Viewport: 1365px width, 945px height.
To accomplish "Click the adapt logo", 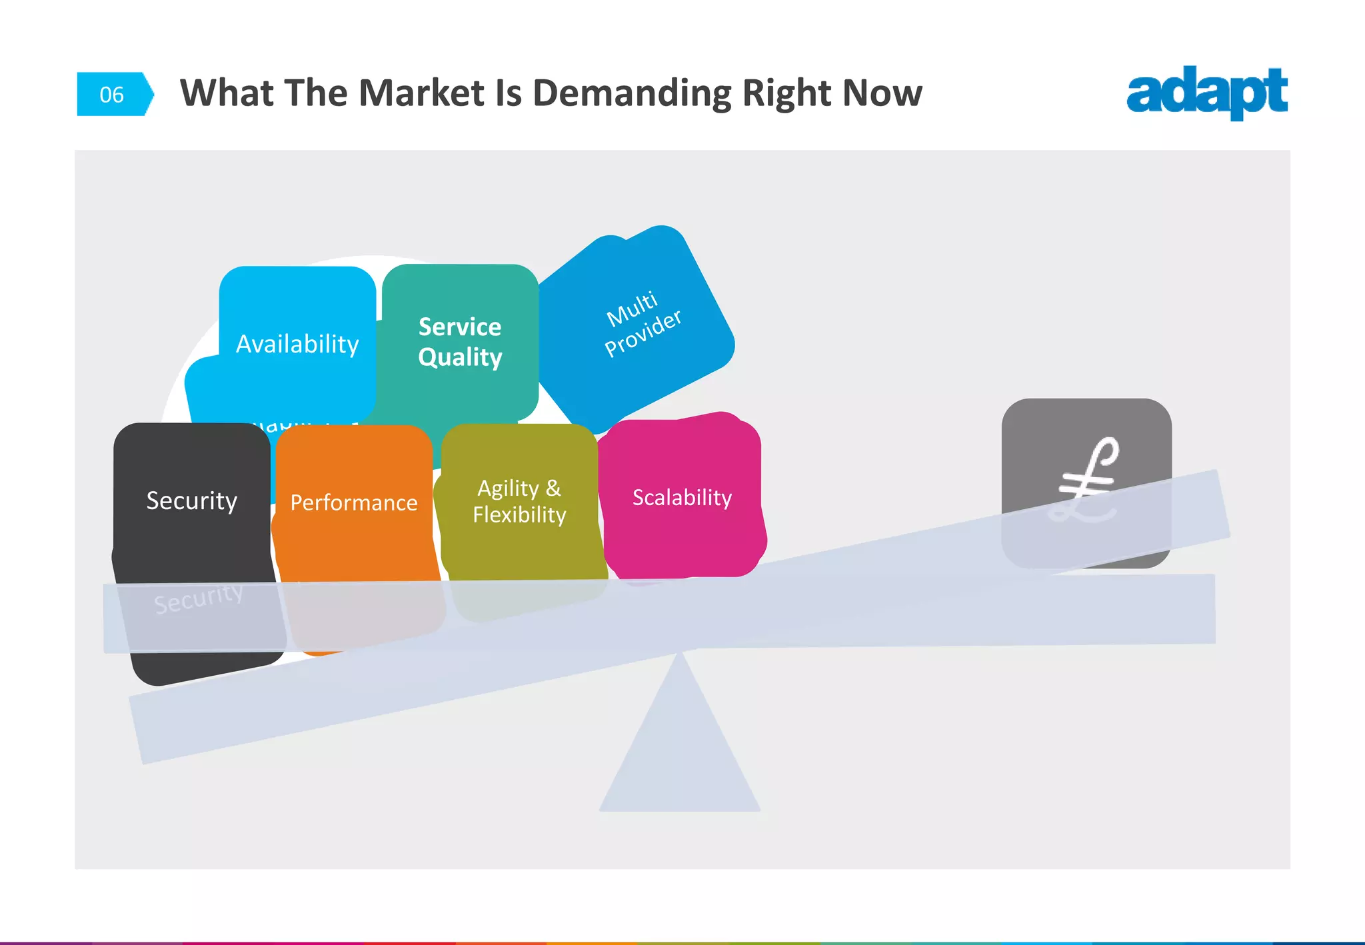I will pos(1206,93).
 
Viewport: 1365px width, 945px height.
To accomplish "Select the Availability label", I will pos(297,345).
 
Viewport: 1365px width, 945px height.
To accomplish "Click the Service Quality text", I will pos(460,342).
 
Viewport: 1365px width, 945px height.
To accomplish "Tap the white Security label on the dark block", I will pos(192,500).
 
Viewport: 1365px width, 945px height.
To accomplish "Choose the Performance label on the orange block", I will pos(354,502).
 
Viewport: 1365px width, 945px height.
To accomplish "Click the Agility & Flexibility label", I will pos(519,501).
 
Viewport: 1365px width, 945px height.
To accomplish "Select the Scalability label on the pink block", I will pos(682,497).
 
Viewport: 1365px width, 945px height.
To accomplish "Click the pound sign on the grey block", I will pos(1086,478).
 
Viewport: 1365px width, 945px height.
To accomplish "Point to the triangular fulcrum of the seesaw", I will pos(680,746).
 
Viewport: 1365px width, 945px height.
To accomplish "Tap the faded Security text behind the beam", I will pos(199,598).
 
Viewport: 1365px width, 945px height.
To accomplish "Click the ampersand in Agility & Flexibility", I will pos(553,488).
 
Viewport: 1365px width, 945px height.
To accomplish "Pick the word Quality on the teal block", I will pos(460,357).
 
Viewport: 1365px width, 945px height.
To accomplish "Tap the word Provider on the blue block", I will pos(643,333).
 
